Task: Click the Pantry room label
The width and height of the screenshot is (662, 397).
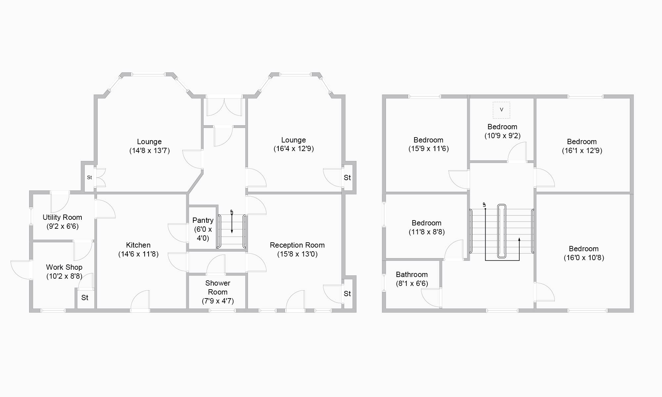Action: pos(203,220)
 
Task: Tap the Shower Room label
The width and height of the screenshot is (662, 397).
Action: pos(217,288)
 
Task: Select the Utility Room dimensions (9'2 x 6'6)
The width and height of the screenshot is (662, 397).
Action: pos(62,226)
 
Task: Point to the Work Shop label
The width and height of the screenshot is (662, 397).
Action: pos(64,267)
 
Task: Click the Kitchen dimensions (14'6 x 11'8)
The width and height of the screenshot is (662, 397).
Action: pos(138,254)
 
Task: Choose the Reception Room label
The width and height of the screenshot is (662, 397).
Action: pos(297,245)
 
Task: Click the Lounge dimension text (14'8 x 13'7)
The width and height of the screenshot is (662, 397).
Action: pos(149,151)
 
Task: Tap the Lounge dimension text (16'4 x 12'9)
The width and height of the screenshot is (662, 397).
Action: pos(294,149)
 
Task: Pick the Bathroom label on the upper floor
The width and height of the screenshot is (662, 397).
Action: pos(412,275)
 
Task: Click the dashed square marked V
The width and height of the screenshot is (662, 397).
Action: pos(501,110)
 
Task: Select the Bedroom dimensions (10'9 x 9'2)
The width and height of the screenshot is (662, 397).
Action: pos(502,136)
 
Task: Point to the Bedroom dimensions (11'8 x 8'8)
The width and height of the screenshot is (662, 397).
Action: pos(427,232)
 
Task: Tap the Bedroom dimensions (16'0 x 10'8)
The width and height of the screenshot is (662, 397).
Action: pos(584,258)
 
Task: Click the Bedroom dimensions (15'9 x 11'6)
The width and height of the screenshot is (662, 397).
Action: pos(429,149)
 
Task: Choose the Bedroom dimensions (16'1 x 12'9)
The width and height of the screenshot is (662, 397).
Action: pos(582,151)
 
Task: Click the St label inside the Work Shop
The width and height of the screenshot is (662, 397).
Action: pos(85,298)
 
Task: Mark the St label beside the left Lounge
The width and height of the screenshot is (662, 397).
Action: pos(89,178)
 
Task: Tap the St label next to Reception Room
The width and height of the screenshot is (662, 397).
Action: pos(347,294)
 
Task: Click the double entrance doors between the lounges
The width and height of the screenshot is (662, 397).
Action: pos(224,106)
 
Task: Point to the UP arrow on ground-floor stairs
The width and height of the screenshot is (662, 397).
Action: pos(232,222)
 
